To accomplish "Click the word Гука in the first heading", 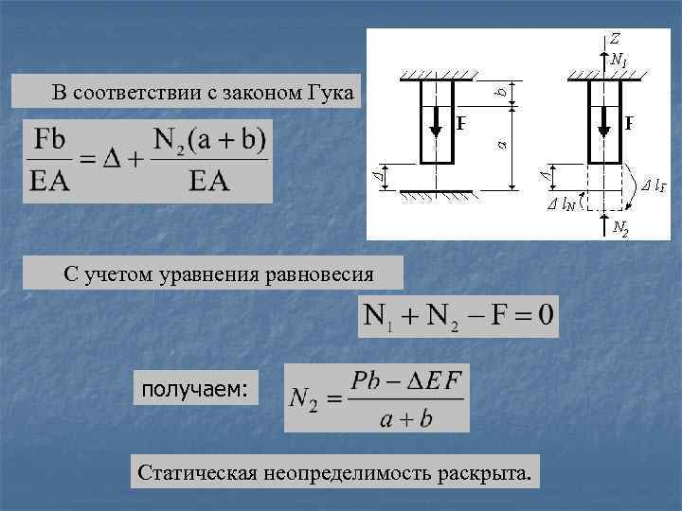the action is click(x=329, y=93).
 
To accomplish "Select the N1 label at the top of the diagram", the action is click(x=619, y=61).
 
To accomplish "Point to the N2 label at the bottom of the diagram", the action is click(x=620, y=227).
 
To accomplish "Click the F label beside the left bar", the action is click(x=461, y=123).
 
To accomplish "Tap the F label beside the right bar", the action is click(x=629, y=123).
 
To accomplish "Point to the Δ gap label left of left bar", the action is click(x=380, y=176).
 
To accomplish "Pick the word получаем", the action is click(x=195, y=388).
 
